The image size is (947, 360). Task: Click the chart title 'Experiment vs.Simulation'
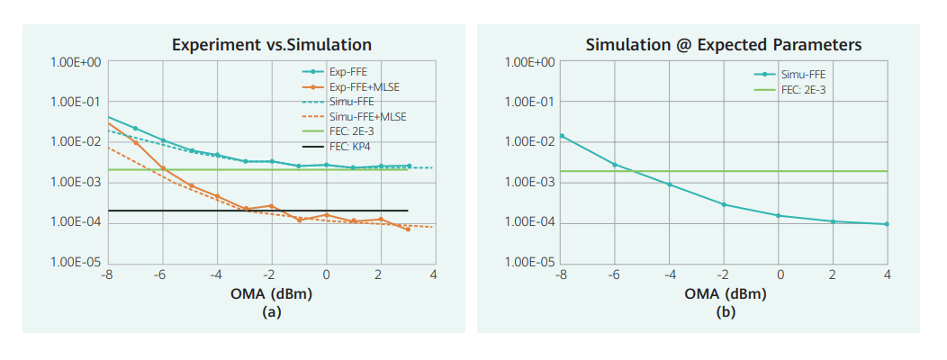pos(271,44)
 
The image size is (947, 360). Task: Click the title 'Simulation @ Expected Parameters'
pos(724,44)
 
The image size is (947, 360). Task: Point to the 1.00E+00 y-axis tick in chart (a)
pos(77,62)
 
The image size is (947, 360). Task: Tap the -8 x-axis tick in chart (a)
pos(106,274)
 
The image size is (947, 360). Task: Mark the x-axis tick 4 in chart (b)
pos(888,274)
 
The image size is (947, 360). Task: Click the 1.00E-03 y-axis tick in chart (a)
pos(77,183)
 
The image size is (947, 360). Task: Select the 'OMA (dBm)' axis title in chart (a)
pos(271,293)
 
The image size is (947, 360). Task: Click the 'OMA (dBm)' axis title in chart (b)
pos(725,293)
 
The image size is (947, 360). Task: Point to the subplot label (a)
pos(271,311)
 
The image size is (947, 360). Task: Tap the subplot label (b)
pos(725,311)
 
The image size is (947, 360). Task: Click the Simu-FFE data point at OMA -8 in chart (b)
pos(562,136)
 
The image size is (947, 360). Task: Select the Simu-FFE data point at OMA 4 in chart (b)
pos(888,224)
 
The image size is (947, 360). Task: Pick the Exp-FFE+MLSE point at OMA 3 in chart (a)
pos(408,229)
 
